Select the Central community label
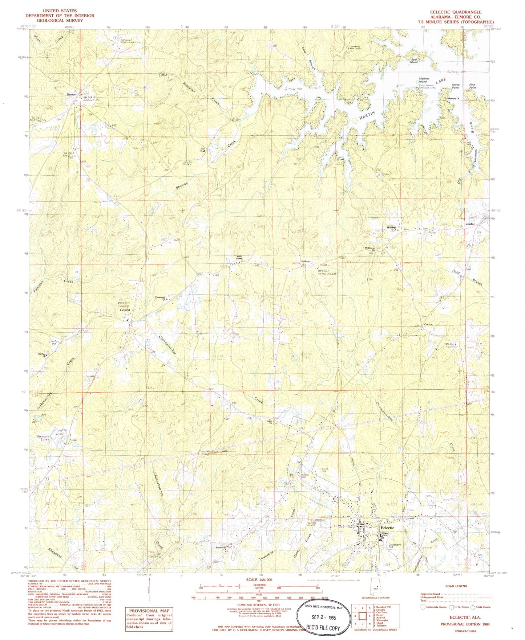point(125,311)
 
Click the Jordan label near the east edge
point(471,224)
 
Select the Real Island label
point(414,61)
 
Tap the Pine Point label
point(472,86)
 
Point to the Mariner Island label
point(424,80)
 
